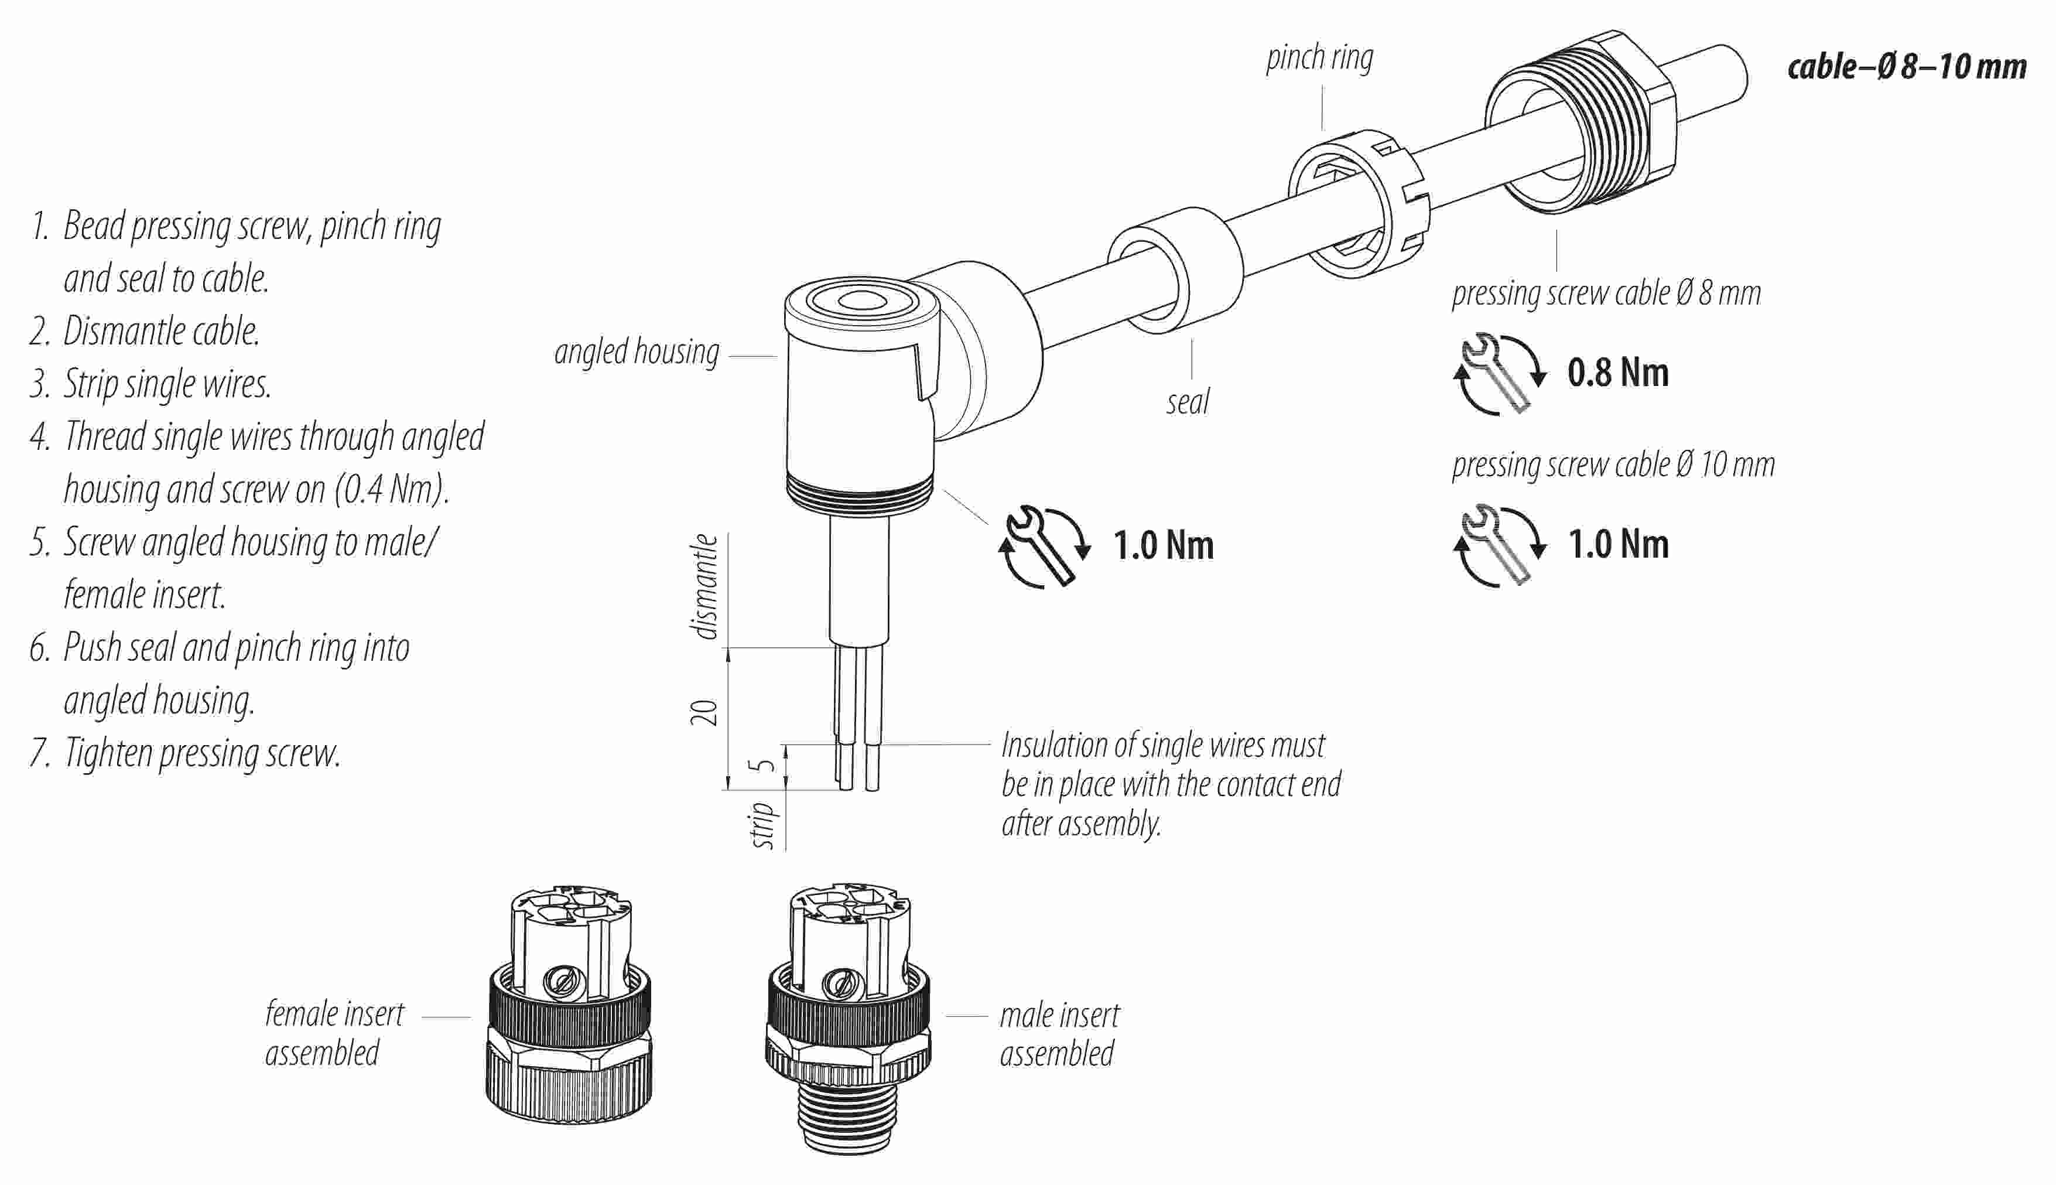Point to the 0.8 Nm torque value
click(x=1617, y=373)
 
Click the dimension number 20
click(x=704, y=712)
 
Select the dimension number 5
click(x=764, y=766)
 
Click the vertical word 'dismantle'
click(x=704, y=586)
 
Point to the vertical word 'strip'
click(x=762, y=824)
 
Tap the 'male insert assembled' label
click(x=1059, y=1034)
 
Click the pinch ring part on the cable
click(x=1357, y=203)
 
